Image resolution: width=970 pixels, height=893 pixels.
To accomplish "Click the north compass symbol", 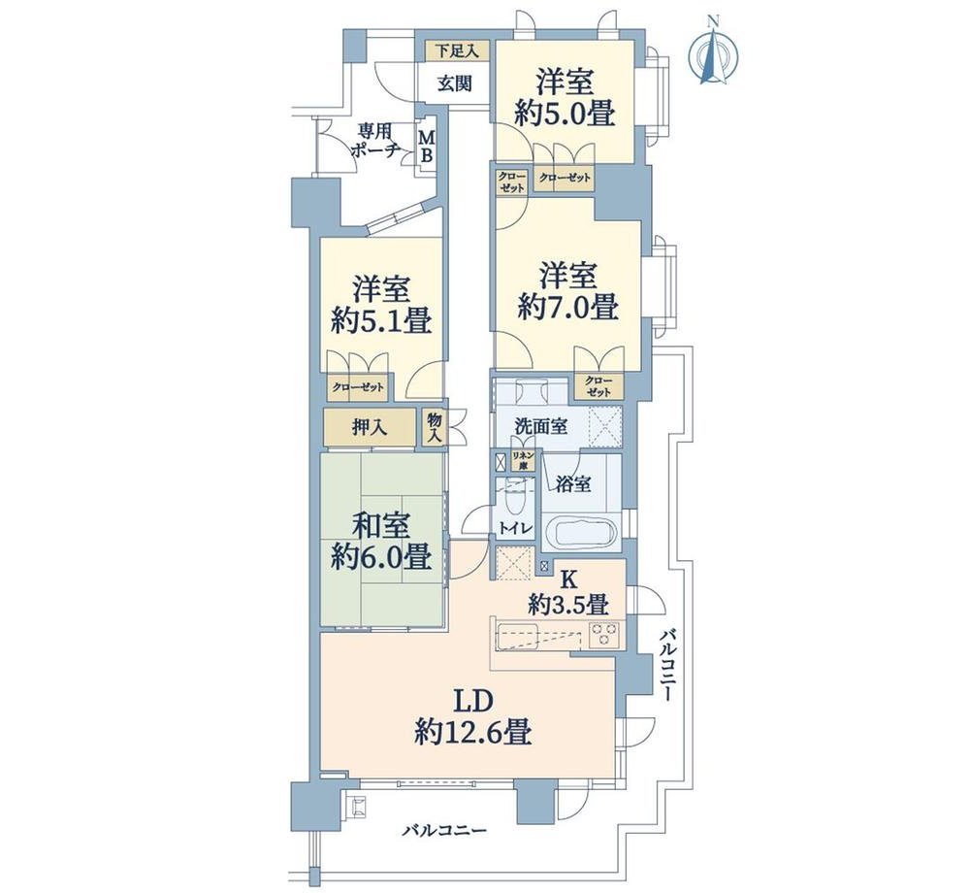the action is (x=713, y=52).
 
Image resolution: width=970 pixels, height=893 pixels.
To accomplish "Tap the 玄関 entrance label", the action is (x=455, y=83).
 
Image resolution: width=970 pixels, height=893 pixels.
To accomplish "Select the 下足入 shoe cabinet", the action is (x=457, y=50).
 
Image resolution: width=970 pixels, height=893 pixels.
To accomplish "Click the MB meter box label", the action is (x=427, y=146).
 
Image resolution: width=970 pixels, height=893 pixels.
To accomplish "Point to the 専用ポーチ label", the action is (x=373, y=141).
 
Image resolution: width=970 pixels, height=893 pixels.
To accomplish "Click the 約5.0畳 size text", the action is (x=566, y=114).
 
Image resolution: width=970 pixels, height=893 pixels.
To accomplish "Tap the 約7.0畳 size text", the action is (x=567, y=308).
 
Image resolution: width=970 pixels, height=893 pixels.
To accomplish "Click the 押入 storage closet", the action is (x=370, y=427).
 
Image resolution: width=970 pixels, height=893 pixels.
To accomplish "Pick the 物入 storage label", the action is (x=435, y=427).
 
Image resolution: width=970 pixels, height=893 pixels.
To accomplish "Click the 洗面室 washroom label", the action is (x=541, y=426).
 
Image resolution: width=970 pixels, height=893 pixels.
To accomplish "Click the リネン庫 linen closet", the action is (x=523, y=462).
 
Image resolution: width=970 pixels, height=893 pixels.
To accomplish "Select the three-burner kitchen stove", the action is (x=604, y=634).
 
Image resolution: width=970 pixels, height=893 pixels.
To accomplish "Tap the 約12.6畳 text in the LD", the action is (x=473, y=734).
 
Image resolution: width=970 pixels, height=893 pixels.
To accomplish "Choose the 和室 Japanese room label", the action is (x=381, y=527).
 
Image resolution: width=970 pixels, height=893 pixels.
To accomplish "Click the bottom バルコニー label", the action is (x=444, y=830).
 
